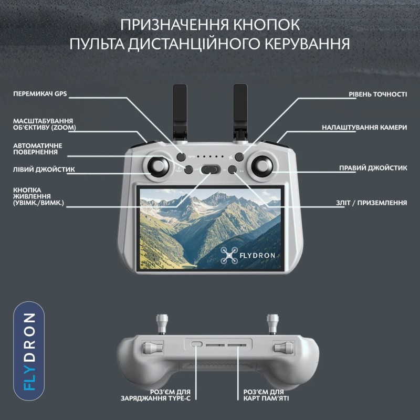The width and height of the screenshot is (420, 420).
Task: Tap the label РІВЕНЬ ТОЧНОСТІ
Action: pyautogui.click(x=377, y=94)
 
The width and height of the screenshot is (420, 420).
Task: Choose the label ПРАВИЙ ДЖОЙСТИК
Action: pyautogui.click(x=373, y=169)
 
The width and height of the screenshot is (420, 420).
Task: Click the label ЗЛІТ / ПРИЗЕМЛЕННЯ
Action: pyautogui.click(x=372, y=202)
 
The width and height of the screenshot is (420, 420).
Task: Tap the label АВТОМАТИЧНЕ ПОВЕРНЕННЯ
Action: pyautogui.click(x=38, y=149)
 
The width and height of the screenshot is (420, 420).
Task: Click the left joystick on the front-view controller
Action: pyautogui.click(x=158, y=166)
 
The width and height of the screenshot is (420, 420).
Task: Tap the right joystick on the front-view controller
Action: pyautogui.click(x=260, y=166)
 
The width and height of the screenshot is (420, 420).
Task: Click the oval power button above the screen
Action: pyautogui.click(x=209, y=169)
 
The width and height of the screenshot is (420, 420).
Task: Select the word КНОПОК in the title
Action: pyautogui.click(x=267, y=25)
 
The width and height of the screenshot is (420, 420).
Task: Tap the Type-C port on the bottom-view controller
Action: pyautogui.click(x=196, y=344)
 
